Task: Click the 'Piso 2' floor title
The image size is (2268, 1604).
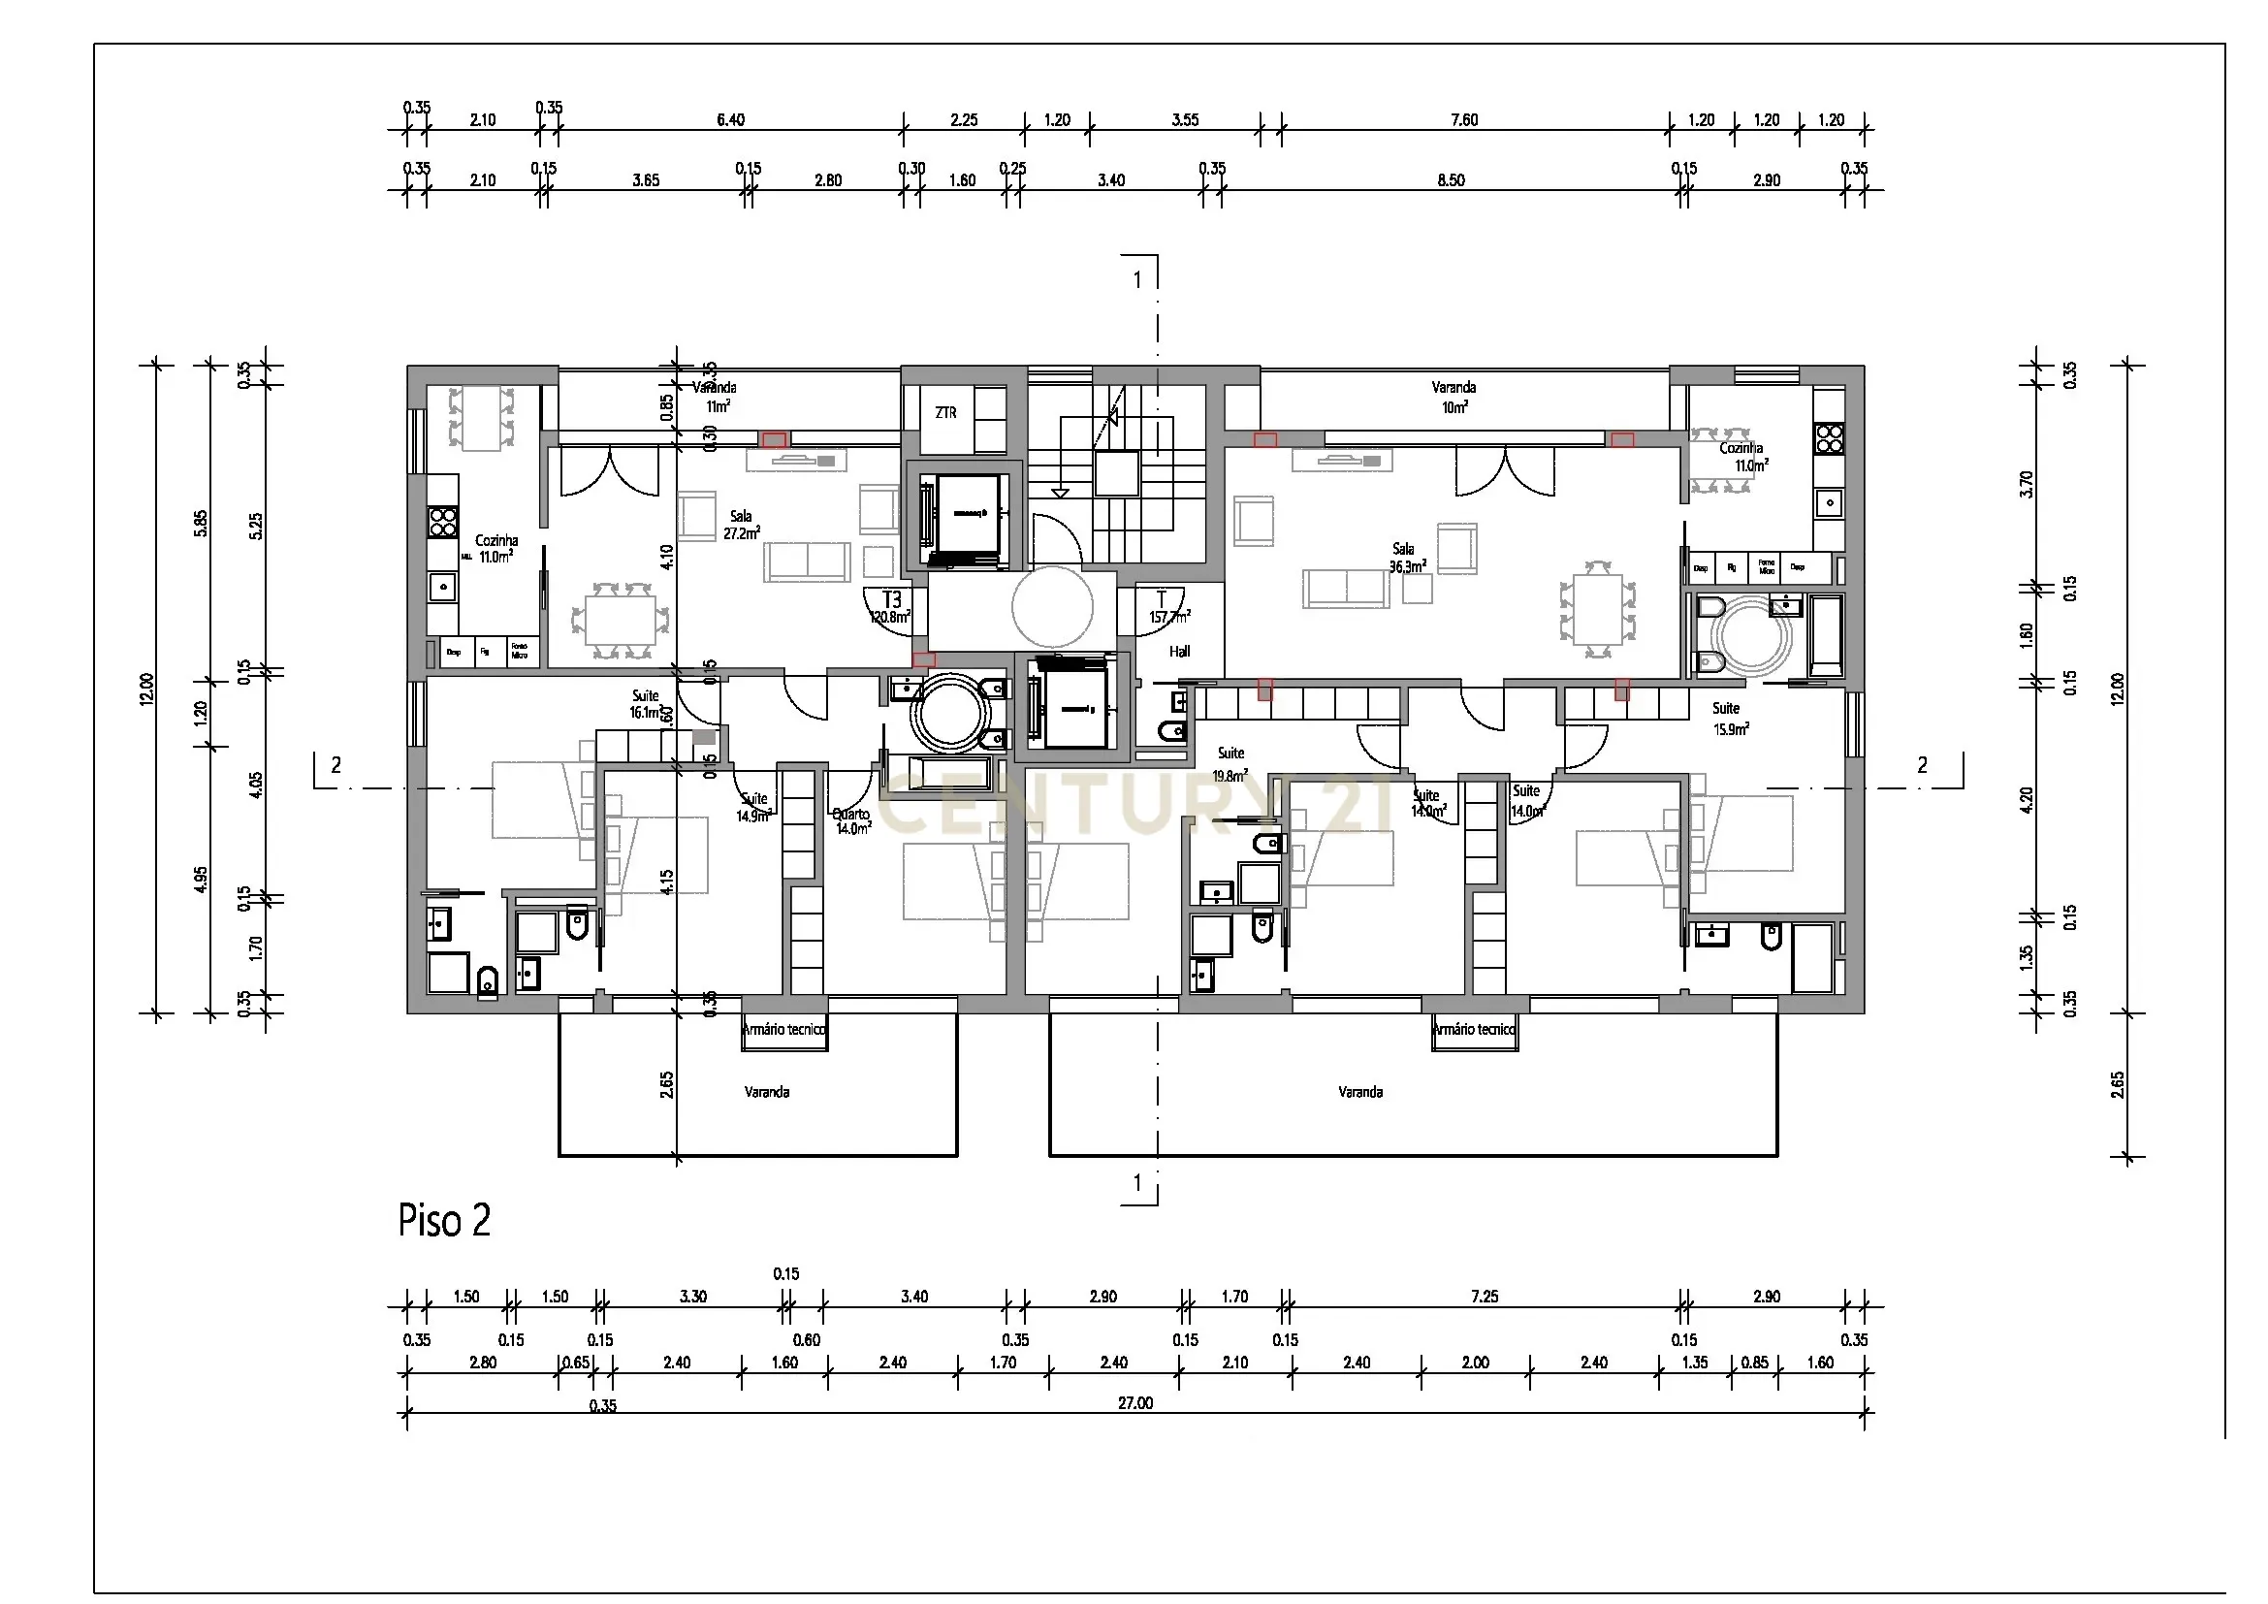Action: (443, 1221)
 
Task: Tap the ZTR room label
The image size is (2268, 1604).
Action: (945, 413)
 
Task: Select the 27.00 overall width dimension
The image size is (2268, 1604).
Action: (1135, 1402)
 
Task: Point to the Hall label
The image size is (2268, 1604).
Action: (1179, 652)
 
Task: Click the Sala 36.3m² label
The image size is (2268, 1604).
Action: (1407, 558)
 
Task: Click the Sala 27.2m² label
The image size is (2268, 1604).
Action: (741, 525)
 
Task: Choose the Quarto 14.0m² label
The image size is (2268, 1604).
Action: (851, 821)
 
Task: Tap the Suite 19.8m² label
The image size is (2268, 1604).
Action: (1230, 764)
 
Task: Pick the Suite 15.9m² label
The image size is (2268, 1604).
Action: (1729, 718)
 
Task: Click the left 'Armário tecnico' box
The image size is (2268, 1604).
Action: (784, 1030)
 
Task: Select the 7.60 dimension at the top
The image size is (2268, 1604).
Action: (1464, 120)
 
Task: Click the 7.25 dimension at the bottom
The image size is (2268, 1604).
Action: (1484, 1297)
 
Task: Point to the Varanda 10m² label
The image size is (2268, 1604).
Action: (1453, 396)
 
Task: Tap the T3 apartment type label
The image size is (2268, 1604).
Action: (891, 600)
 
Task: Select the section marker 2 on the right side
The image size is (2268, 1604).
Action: (1921, 765)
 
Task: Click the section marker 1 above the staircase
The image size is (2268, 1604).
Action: (1137, 280)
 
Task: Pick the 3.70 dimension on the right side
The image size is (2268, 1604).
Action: (2027, 484)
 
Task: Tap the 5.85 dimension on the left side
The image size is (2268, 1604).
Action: (201, 523)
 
